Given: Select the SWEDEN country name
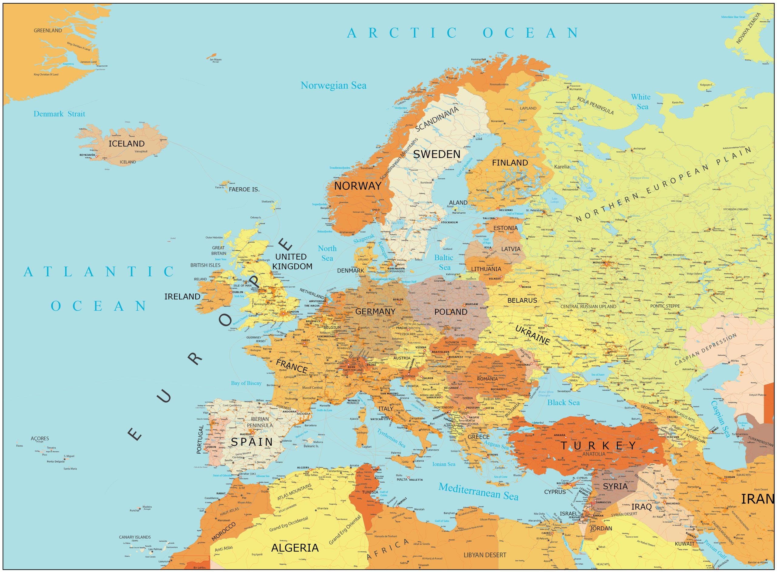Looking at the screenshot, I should point(437,154).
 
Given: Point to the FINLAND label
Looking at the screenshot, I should point(510,163).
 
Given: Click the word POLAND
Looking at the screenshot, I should point(450,312).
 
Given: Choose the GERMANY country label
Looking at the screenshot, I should point(375,312).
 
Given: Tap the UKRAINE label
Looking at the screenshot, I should point(533,335).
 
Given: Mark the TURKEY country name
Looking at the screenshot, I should point(598,446).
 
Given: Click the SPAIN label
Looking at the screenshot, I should point(252,442).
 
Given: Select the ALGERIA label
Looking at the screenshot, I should point(295,548).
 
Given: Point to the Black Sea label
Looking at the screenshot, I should point(563,403).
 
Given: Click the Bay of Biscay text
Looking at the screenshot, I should point(246,383).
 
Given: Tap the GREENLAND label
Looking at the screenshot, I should point(48,30).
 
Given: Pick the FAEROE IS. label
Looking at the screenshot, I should point(244,190).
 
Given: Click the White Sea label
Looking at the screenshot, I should point(641,102).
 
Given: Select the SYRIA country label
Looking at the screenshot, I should point(615,486).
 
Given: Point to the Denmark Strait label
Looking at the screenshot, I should point(59,114).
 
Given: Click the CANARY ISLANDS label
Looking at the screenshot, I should point(135,537).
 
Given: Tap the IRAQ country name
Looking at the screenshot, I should point(642,507).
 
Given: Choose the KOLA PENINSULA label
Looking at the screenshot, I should point(595,106).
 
